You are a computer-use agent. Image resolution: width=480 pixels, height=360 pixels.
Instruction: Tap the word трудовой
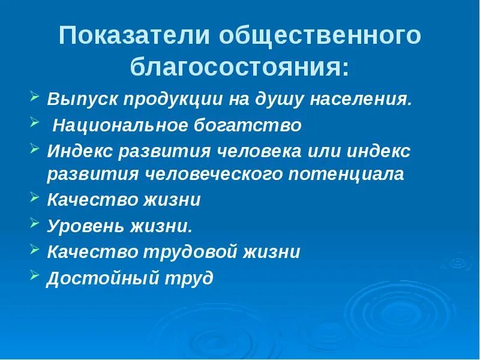(182, 251)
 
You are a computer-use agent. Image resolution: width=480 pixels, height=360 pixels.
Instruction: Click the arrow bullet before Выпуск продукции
(35, 96)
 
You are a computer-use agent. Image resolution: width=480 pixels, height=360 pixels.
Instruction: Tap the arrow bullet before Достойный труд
(35, 276)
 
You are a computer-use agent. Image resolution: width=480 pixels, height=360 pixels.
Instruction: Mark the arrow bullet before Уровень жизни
(35, 224)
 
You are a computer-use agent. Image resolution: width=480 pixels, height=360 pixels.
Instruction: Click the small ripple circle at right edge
(458, 262)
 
